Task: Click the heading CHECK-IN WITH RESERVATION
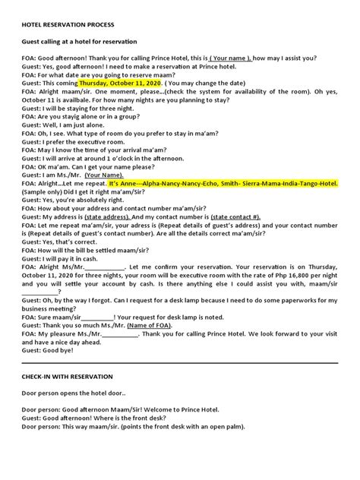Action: [x=69, y=376]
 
